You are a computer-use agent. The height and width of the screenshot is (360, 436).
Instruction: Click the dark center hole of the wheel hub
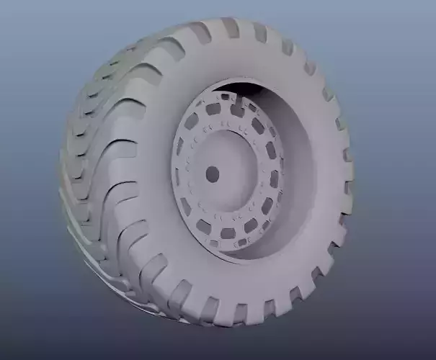click(x=212, y=174)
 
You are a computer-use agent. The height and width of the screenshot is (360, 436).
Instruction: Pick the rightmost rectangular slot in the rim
click(x=275, y=179)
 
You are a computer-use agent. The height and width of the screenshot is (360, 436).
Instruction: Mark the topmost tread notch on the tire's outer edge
click(x=230, y=27)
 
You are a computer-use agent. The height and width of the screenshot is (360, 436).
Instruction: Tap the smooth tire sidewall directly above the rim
click(x=238, y=61)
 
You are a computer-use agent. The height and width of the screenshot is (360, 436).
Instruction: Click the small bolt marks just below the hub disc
click(x=223, y=216)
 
